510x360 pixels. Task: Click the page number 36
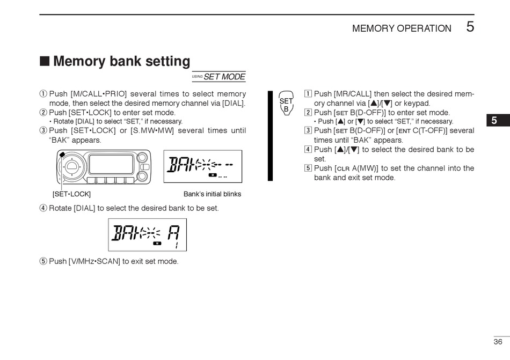point(498,342)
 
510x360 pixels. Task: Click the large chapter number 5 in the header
point(470,27)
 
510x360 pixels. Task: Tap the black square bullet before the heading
point(45,61)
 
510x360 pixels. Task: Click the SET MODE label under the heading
point(224,77)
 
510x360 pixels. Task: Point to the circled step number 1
point(43,94)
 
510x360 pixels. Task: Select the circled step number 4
point(43,208)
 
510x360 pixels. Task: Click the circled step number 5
point(43,261)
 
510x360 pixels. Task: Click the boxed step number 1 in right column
point(308,94)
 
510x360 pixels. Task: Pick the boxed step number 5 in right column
point(308,168)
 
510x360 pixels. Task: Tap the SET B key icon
point(286,104)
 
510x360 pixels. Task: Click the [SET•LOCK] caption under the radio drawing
point(71,194)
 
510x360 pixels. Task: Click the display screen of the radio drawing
point(111,164)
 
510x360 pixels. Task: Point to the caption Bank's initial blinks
point(212,194)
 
